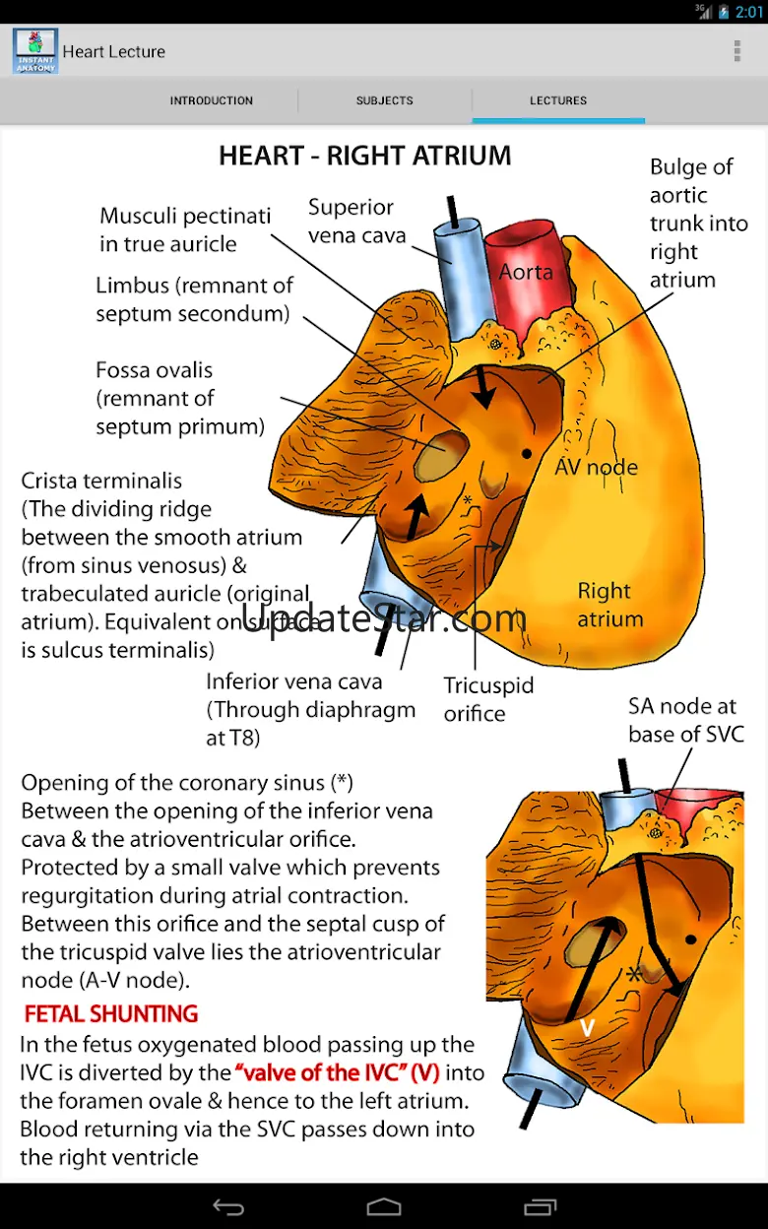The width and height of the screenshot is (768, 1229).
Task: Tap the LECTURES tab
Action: [558, 100]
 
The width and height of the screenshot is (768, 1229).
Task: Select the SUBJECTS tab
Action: [384, 100]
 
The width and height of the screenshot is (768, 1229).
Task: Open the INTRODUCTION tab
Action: [211, 100]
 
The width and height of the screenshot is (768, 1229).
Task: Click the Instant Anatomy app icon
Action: [35, 51]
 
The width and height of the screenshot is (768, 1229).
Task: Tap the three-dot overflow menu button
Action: [736, 51]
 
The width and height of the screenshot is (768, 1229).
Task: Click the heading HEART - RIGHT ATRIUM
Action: [364, 156]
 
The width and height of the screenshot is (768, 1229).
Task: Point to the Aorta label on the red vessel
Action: [526, 272]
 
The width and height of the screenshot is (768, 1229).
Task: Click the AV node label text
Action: [597, 467]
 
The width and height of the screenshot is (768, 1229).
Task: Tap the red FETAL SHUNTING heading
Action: [111, 1014]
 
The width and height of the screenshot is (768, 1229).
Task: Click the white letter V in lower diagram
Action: [587, 1027]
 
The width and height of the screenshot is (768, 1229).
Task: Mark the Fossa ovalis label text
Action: [154, 371]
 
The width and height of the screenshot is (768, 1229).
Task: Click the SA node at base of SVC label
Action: [686, 720]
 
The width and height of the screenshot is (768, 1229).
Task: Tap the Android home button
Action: [384, 1207]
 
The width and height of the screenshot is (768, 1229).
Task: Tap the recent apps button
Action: [541, 1207]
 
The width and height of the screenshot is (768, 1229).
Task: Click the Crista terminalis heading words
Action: [101, 482]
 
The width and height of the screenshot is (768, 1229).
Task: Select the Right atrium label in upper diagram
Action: [609, 605]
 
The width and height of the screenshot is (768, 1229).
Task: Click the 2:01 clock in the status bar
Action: [749, 12]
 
